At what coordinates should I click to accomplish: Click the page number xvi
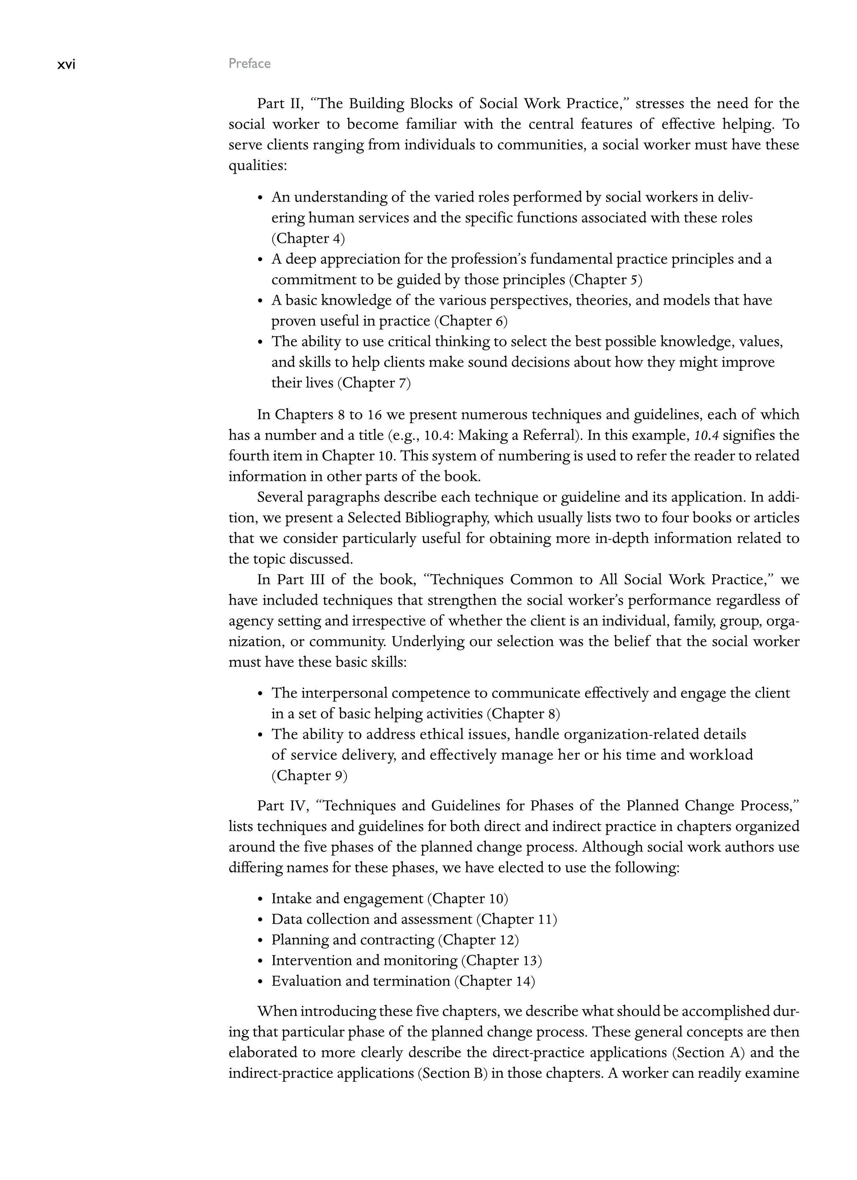click(66, 64)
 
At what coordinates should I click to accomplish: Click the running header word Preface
click(250, 64)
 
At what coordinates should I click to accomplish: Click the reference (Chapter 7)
click(374, 383)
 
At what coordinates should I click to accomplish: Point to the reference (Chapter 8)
click(523, 713)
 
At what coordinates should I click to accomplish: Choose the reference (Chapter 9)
click(309, 775)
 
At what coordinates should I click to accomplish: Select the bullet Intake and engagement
click(347, 899)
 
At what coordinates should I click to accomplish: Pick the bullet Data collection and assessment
click(371, 919)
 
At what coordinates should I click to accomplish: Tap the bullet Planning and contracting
click(352, 940)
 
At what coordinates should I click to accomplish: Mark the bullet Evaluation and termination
click(360, 981)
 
